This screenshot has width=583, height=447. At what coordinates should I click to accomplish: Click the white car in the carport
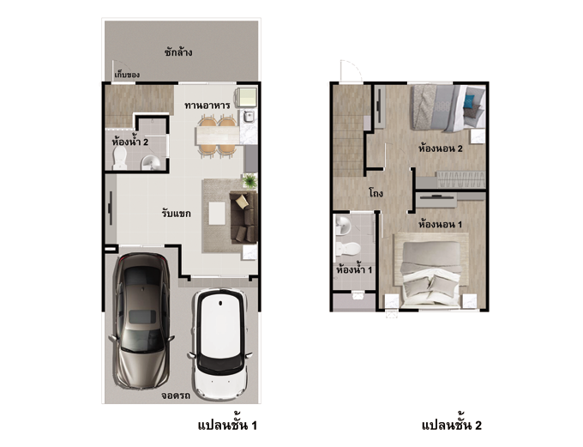pyautogui.click(x=220, y=344)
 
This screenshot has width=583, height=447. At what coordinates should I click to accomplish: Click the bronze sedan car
pyautogui.click(x=141, y=321)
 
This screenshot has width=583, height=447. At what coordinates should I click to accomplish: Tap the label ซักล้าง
pyautogui.click(x=178, y=52)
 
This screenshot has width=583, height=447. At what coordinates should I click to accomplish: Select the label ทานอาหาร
pyautogui.click(x=207, y=106)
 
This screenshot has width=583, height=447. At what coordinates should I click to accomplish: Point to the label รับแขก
pyautogui.click(x=177, y=214)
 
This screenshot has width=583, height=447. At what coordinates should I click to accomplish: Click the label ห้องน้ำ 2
pyautogui.click(x=130, y=142)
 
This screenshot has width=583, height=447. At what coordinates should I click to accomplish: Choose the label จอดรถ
pyautogui.click(x=176, y=396)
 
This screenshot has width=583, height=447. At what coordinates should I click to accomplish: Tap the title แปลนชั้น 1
pyautogui.click(x=227, y=425)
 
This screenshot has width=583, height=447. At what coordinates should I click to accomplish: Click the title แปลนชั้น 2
pyautogui.click(x=452, y=425)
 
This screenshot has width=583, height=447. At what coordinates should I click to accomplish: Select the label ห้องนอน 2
pyautogui.click(x=441, y=148)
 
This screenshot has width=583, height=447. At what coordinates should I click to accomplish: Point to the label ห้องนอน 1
pyautogui.click(x=440, y=225)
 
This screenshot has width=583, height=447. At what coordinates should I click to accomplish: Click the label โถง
pyautogui.click(x=376, y=194)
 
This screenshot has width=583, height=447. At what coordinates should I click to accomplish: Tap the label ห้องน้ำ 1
pyautogui.click(x=354, y=269)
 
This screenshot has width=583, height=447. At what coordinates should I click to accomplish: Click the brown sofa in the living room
pyautogui.click(x=243, y=217)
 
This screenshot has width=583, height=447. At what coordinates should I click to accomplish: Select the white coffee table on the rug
pyautogui.click(x=217, y=214)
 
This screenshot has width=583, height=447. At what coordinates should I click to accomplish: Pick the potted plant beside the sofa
pyautogui.click(x=249, y=181)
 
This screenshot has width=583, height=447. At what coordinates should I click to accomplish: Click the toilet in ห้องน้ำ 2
pyautogui.click(x=120, y=158)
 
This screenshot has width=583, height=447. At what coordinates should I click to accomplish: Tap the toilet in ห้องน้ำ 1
pyautogui.click(x=347, y=248)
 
